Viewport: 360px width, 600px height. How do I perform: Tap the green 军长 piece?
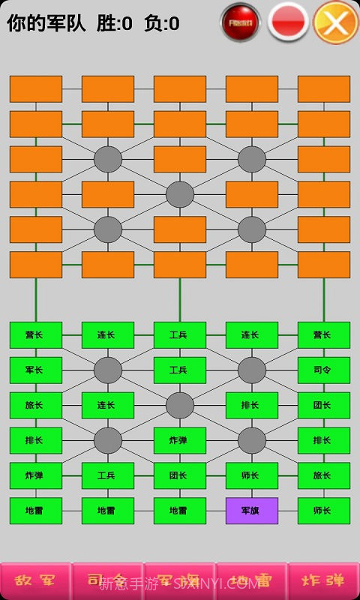(35, 370)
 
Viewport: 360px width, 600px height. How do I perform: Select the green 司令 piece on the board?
(323, 370)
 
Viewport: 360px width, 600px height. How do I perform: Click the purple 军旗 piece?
(251, 511)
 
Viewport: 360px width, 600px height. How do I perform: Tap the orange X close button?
(335, 22)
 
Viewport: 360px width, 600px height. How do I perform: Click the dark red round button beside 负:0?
(241, 22)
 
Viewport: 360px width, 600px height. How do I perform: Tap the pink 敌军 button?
(36, 581)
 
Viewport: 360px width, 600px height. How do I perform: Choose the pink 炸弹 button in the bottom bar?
(323, 581)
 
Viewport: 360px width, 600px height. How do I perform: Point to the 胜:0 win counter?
(115, 24)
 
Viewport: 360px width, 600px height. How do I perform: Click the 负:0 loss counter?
(162, 24)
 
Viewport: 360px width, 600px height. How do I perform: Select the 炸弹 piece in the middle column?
(179, 440)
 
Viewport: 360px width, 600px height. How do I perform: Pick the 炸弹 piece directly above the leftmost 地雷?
(35, 475)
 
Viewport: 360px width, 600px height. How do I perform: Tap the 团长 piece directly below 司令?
(323, 405)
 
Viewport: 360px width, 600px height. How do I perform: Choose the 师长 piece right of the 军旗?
(323, 511)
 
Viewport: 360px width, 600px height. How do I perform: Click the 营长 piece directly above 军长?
(35, 334)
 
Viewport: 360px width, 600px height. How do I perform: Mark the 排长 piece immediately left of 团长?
(251, 405)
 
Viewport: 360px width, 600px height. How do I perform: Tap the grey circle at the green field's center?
(179, 405)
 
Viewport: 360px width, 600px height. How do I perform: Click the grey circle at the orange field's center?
(179, 194)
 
